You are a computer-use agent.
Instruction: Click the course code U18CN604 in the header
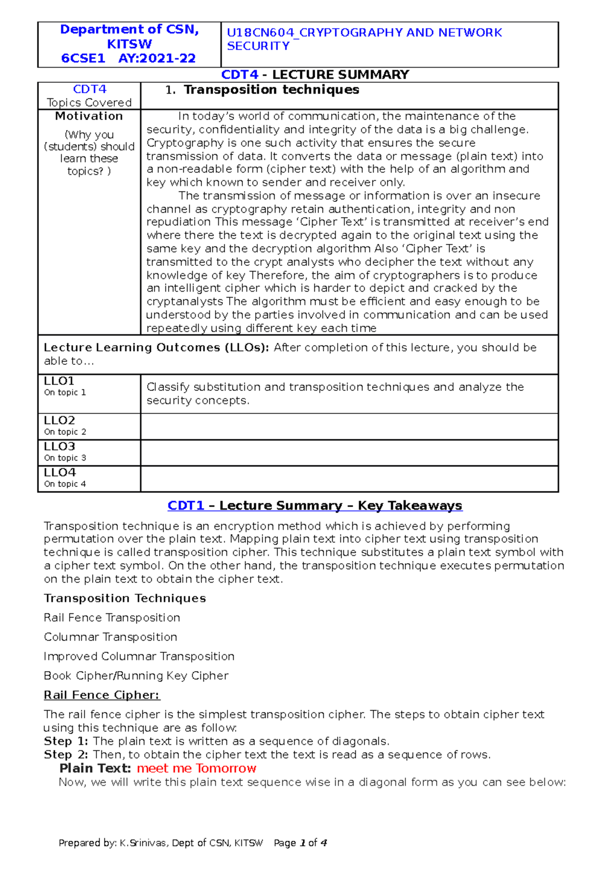[x=260, y=33]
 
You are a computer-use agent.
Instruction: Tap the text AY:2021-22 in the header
[x=157, y=58]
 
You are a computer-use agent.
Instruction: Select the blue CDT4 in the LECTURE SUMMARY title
[x=239, y=75]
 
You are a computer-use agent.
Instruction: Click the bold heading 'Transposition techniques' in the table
[x=271, y=90]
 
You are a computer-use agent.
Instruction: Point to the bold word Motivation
[x=89, y=116]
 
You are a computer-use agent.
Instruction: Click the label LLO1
[x=59, y=381]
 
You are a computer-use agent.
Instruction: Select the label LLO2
[x=59, y=421]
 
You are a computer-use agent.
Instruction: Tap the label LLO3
[x=59, y=446]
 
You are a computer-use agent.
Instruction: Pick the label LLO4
[x=59, y=472]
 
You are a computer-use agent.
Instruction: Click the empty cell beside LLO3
[x=348, y=453]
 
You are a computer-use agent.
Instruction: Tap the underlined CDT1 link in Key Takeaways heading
[x=186, y=506]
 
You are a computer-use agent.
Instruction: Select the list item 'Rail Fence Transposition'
[x=112, y=618]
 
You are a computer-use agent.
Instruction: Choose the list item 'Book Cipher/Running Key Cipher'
[x=136, y=676]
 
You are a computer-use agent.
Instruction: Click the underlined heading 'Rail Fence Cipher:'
[x=101, y=695]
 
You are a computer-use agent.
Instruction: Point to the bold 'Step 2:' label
[x=66, y=755]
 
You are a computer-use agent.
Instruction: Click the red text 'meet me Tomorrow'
[x=196, y=769]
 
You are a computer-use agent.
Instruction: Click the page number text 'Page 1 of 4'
[x=300, y=843]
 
